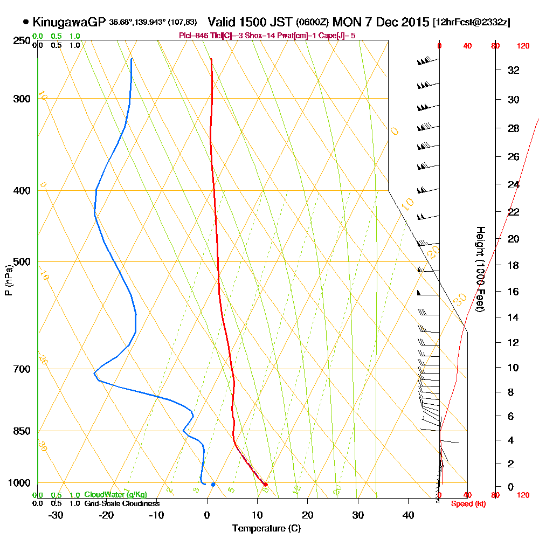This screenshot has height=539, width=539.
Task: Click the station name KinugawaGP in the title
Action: (67, 22)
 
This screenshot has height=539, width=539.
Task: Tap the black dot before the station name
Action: (26, 22)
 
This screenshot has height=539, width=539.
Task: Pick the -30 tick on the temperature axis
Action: (56, 515)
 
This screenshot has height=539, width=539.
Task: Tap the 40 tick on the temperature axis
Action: (408, 515)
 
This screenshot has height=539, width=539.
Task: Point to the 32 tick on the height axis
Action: (514, 70)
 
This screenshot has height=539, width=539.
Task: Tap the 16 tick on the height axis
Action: (514, 292)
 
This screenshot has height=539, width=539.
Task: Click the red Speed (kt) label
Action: (461, 503)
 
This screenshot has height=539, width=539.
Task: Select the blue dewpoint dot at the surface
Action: (213, 484)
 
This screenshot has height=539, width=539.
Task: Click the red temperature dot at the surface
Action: (265, 484)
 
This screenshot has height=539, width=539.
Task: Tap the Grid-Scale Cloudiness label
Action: (122, 503)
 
